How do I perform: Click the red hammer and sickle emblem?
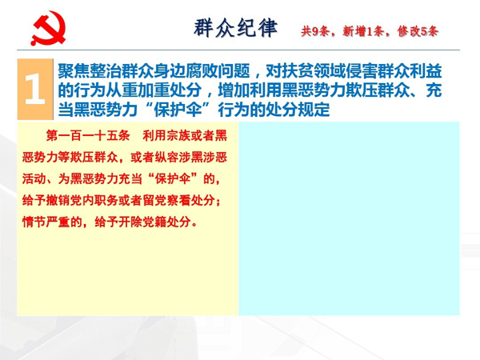[48, 28]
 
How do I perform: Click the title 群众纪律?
[236, 28]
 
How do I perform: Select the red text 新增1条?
[362, 31]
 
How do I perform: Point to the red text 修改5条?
[418, 31]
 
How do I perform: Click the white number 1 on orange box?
[34, 89]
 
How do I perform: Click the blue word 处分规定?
[298, 110]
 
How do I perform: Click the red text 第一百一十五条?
[88, 135]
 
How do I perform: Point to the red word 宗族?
[178, 135]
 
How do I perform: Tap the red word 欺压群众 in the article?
[94, 158]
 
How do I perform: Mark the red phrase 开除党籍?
[142, 222]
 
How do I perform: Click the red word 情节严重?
[46, 222]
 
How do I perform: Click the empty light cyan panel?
[349, 218]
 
